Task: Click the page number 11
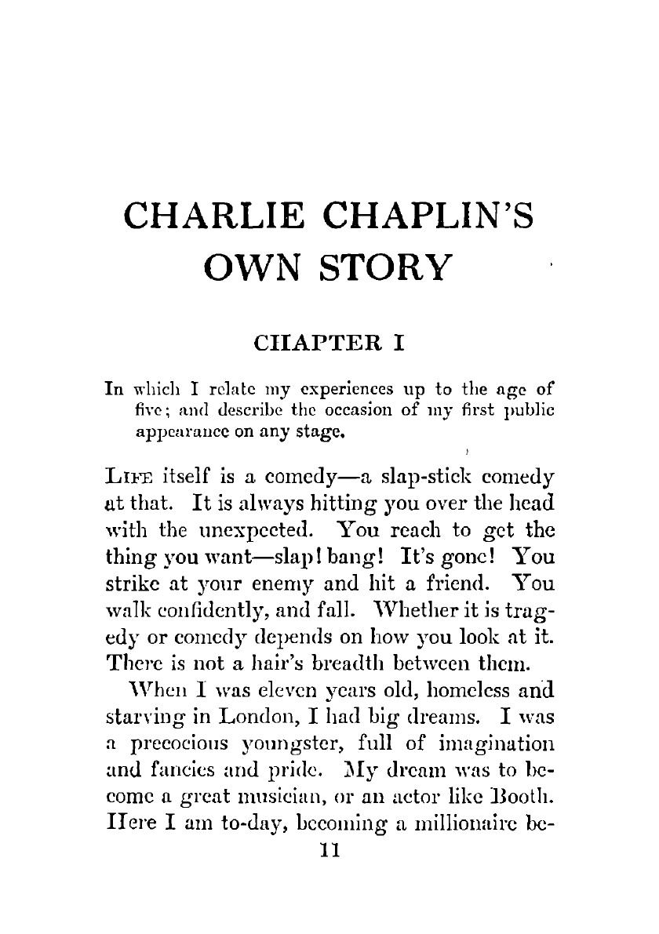coord(329,849)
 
